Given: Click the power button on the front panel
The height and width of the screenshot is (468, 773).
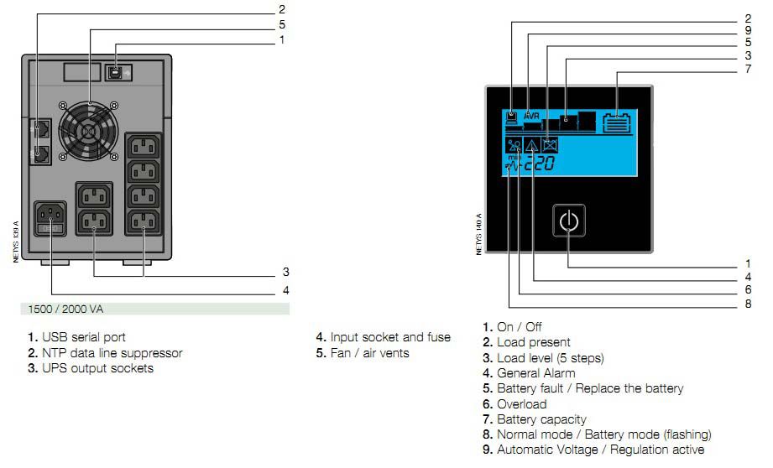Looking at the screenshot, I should click(x=568, y=222).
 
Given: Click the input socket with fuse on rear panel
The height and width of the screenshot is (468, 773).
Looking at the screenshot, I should click(x=52, y=220).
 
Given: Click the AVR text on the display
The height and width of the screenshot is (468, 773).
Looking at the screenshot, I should click(x=532, y=115).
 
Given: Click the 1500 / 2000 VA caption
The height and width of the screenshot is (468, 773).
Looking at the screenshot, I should click(x=66, y=309).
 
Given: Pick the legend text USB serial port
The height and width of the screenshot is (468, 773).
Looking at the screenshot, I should click(x=83, y=337).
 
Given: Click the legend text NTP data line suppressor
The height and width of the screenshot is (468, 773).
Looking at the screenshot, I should click(x=112, y=353).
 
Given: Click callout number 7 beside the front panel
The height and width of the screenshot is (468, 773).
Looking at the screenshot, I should click(x=747, y=69).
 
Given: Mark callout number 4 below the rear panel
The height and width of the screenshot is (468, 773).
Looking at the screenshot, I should click(x=286, y=290).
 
